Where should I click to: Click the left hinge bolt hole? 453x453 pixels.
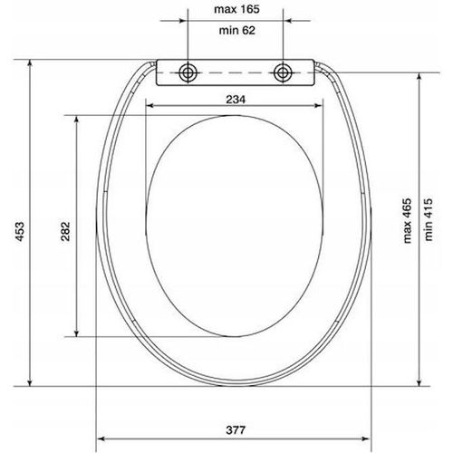(188, 72)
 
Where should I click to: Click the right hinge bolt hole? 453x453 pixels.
(284, 72)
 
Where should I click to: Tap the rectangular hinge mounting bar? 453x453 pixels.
(236, 73)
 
